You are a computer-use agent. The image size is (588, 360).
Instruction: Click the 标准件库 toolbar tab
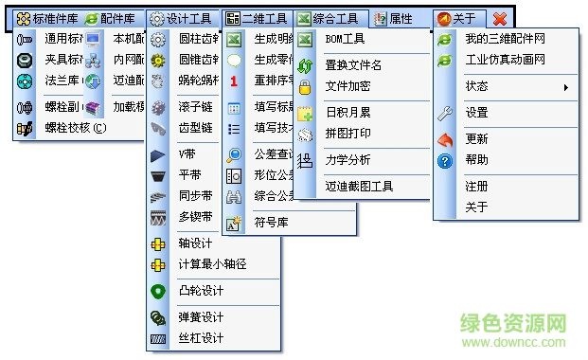(47, 18)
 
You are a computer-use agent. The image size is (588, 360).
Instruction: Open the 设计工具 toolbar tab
(183, 18)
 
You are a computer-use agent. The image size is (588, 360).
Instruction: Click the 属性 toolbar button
(392, 18)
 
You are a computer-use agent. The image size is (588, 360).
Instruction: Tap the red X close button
(499, 18)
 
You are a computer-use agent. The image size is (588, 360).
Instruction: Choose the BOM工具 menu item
(345, 40)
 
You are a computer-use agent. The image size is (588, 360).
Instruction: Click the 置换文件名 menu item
(353, 65)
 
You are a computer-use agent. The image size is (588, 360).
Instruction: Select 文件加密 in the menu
(347, 87)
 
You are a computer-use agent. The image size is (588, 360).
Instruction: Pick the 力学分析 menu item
(347, 159)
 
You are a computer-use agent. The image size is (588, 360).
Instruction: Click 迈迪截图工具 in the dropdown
(359, 187)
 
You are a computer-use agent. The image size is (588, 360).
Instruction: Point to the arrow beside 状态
(567, 87)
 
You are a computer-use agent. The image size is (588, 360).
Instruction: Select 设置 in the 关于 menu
(476, 113)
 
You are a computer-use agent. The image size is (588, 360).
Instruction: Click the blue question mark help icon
(445, 160)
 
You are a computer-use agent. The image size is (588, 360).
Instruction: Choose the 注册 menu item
(476, 187)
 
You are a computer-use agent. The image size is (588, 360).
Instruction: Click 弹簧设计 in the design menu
(200, 317)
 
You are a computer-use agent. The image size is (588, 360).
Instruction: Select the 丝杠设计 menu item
(200, 338)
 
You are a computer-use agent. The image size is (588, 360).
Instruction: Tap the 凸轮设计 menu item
(200, 290)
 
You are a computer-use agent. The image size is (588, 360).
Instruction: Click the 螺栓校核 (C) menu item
(75, 127)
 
